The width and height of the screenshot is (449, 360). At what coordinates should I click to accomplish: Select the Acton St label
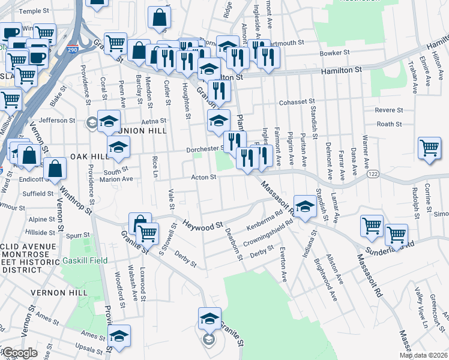tap(203, 177)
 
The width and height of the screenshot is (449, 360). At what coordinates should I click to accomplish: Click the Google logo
tap(20, 353)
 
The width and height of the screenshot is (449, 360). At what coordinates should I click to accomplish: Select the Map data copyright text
tap(423, 355)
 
